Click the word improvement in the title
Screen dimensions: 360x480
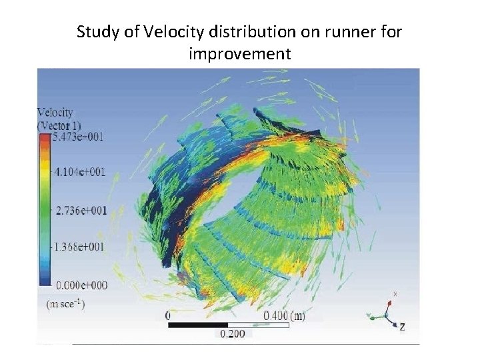pyautogui.click(x=239, y=53)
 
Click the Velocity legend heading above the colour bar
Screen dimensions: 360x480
pyautogui.click(x=55, y=113)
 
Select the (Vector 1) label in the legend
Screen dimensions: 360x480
pyautogui.click(x=59, y=125)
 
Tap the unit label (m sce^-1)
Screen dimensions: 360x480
pyautogui.click(x=65, y=303)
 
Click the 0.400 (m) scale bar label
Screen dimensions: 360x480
pyautogui.click(x=285, y=315)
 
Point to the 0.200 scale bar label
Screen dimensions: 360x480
pyautogui.click(x=231, y=334)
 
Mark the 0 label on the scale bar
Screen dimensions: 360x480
pyautogui.click(x=167, y=315)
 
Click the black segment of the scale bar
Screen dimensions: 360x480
pyautogui.click(x=197, y=325)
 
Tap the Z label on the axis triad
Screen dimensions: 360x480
pyautogui.click(x=402, y=327)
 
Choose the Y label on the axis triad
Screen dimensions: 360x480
pyautogui.click(x=368, y=315)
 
